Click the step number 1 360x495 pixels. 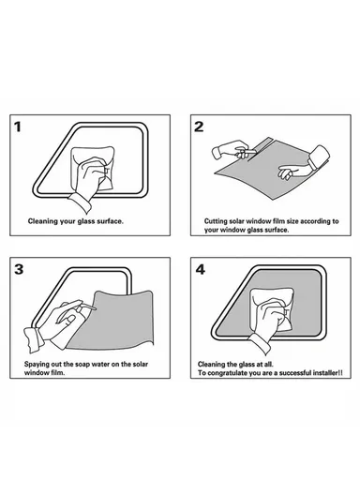tap(18, 127)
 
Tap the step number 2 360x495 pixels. tap(199, 127)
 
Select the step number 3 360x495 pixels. tap(19, 269)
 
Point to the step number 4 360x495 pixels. tap(201, 270)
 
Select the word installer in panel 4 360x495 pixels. tap(325, 373)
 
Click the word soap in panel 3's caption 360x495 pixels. tap(82, 365)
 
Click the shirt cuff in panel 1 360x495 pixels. tap(81, 202)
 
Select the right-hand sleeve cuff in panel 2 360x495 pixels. tap(319, 158)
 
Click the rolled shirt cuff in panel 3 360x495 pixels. tap(34, 340)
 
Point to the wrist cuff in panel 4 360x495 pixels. tap(260, 344)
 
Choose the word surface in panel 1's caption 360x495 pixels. tap(111, 221)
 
